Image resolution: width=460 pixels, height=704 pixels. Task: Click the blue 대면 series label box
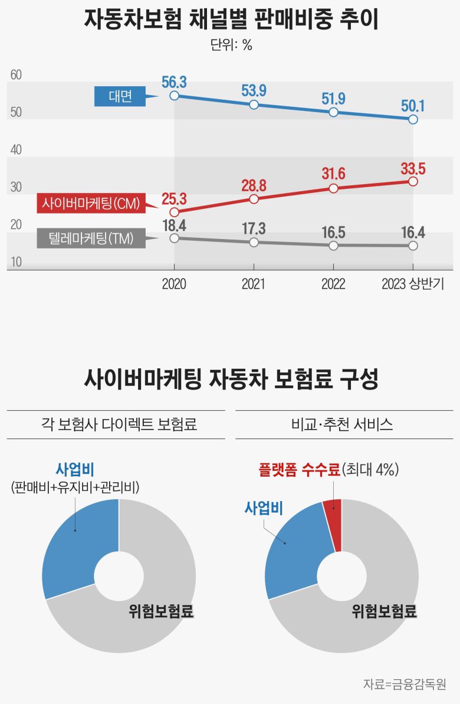(x=120, y=97)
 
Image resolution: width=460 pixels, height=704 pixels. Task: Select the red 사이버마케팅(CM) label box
(x=90, y=204)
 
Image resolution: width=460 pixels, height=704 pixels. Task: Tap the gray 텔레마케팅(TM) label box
(x=90, y=238)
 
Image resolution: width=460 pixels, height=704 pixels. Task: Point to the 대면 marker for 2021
(x=254, y=104)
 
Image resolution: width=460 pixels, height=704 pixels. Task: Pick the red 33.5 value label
(x=413, y=168)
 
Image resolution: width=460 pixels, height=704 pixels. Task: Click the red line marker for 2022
(x=333, y=188)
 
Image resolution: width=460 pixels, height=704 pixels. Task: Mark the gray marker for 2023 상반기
(x=413, y=245)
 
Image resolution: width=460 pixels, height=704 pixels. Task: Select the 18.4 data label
(x=174, y=224)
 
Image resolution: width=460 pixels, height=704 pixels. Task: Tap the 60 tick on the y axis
(x=16, y=75)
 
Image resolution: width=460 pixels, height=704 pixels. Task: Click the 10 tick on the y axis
(x=16, y=262)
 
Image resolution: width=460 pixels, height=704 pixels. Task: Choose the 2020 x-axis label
(x=174, y=284)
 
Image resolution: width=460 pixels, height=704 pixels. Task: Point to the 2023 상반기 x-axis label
(x=413, y=284)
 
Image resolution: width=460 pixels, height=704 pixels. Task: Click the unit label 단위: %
(x=231, y=45)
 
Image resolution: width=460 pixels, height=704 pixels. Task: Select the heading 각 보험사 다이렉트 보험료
(x=116, y=424)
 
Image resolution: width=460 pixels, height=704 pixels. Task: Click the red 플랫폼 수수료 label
(x=299, y=470)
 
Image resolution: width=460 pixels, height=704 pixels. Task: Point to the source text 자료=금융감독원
(x=404, y=685)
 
